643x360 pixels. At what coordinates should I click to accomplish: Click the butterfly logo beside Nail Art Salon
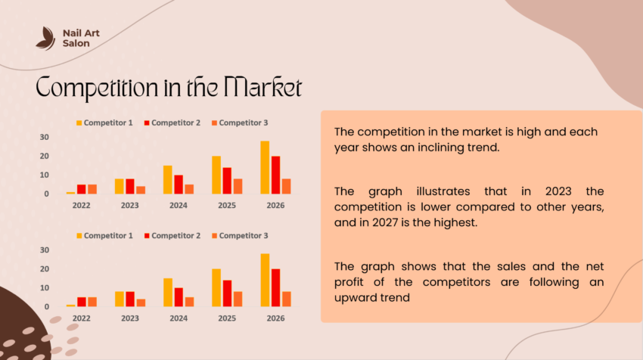[x=45, y=38]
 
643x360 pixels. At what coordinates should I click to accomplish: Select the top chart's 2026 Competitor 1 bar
[x=265, y=167]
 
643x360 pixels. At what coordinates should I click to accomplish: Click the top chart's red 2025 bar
[x=226, y=181]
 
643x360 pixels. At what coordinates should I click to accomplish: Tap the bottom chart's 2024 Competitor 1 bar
[x=167, y=292]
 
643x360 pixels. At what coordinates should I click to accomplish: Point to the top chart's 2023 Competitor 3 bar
[x=141, y=190]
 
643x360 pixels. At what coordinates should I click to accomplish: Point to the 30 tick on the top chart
[x=45, y=137]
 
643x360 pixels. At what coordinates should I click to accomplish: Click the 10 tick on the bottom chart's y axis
[x=45, y=287]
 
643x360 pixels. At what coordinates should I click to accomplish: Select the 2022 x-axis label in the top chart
[x=81, y=204]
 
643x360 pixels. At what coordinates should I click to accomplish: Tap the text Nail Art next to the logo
[x=81, y=33]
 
